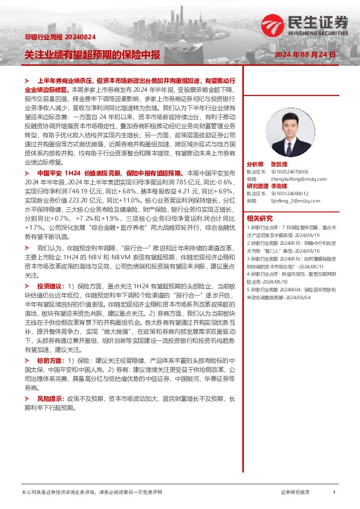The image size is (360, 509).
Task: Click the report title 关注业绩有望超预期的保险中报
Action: pos(92,54)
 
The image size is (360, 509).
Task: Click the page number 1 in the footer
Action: pos(334,493)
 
